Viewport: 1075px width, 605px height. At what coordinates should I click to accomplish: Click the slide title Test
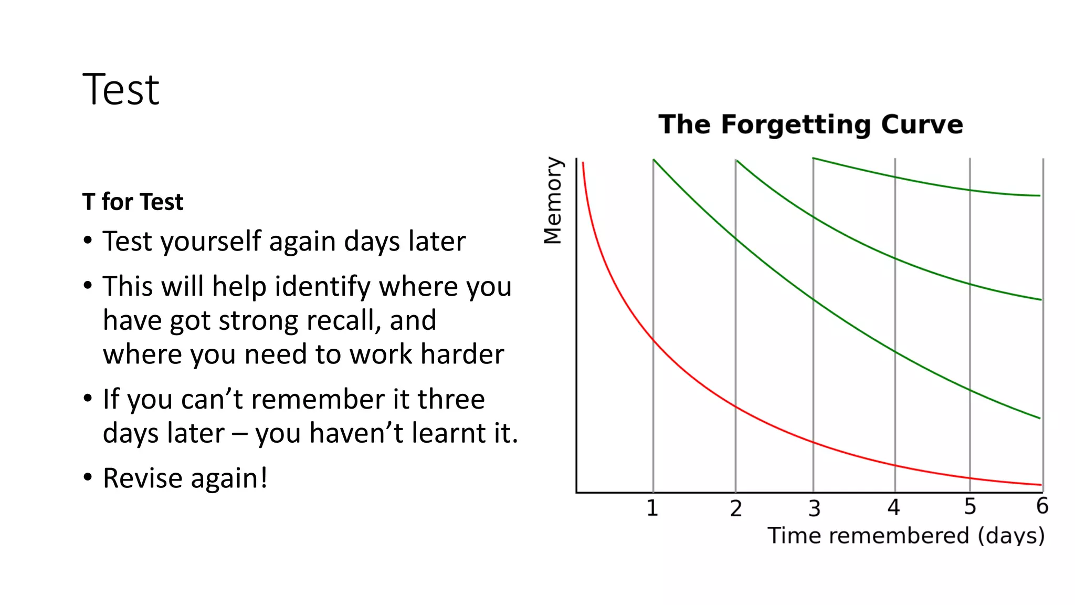[121, 90]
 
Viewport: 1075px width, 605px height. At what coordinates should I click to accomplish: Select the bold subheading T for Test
[133, 202]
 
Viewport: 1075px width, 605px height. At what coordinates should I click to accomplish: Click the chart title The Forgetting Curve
[810, 125]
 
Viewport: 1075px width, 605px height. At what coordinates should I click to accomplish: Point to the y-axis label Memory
[553, 201]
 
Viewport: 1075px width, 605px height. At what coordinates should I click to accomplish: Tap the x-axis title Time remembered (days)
[906, 536]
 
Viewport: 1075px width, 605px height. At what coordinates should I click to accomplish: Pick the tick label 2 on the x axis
[736, 509]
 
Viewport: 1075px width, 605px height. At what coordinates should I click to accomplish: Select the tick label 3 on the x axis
[814, 509]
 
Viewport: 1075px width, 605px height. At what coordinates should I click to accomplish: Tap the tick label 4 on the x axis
[894, 508]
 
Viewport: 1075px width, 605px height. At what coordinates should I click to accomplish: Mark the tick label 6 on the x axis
[1042, 506]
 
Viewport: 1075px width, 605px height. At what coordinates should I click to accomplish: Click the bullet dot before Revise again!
[88, 477]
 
